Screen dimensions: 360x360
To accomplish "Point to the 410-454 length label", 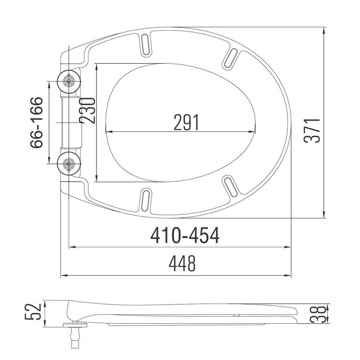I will click(x=185, y=236).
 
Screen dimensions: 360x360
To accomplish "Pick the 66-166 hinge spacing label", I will click(x=37, y=122).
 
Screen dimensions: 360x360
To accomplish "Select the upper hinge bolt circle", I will click(x=69, y=81).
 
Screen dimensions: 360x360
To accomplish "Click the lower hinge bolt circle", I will click(x=69, y=164).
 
